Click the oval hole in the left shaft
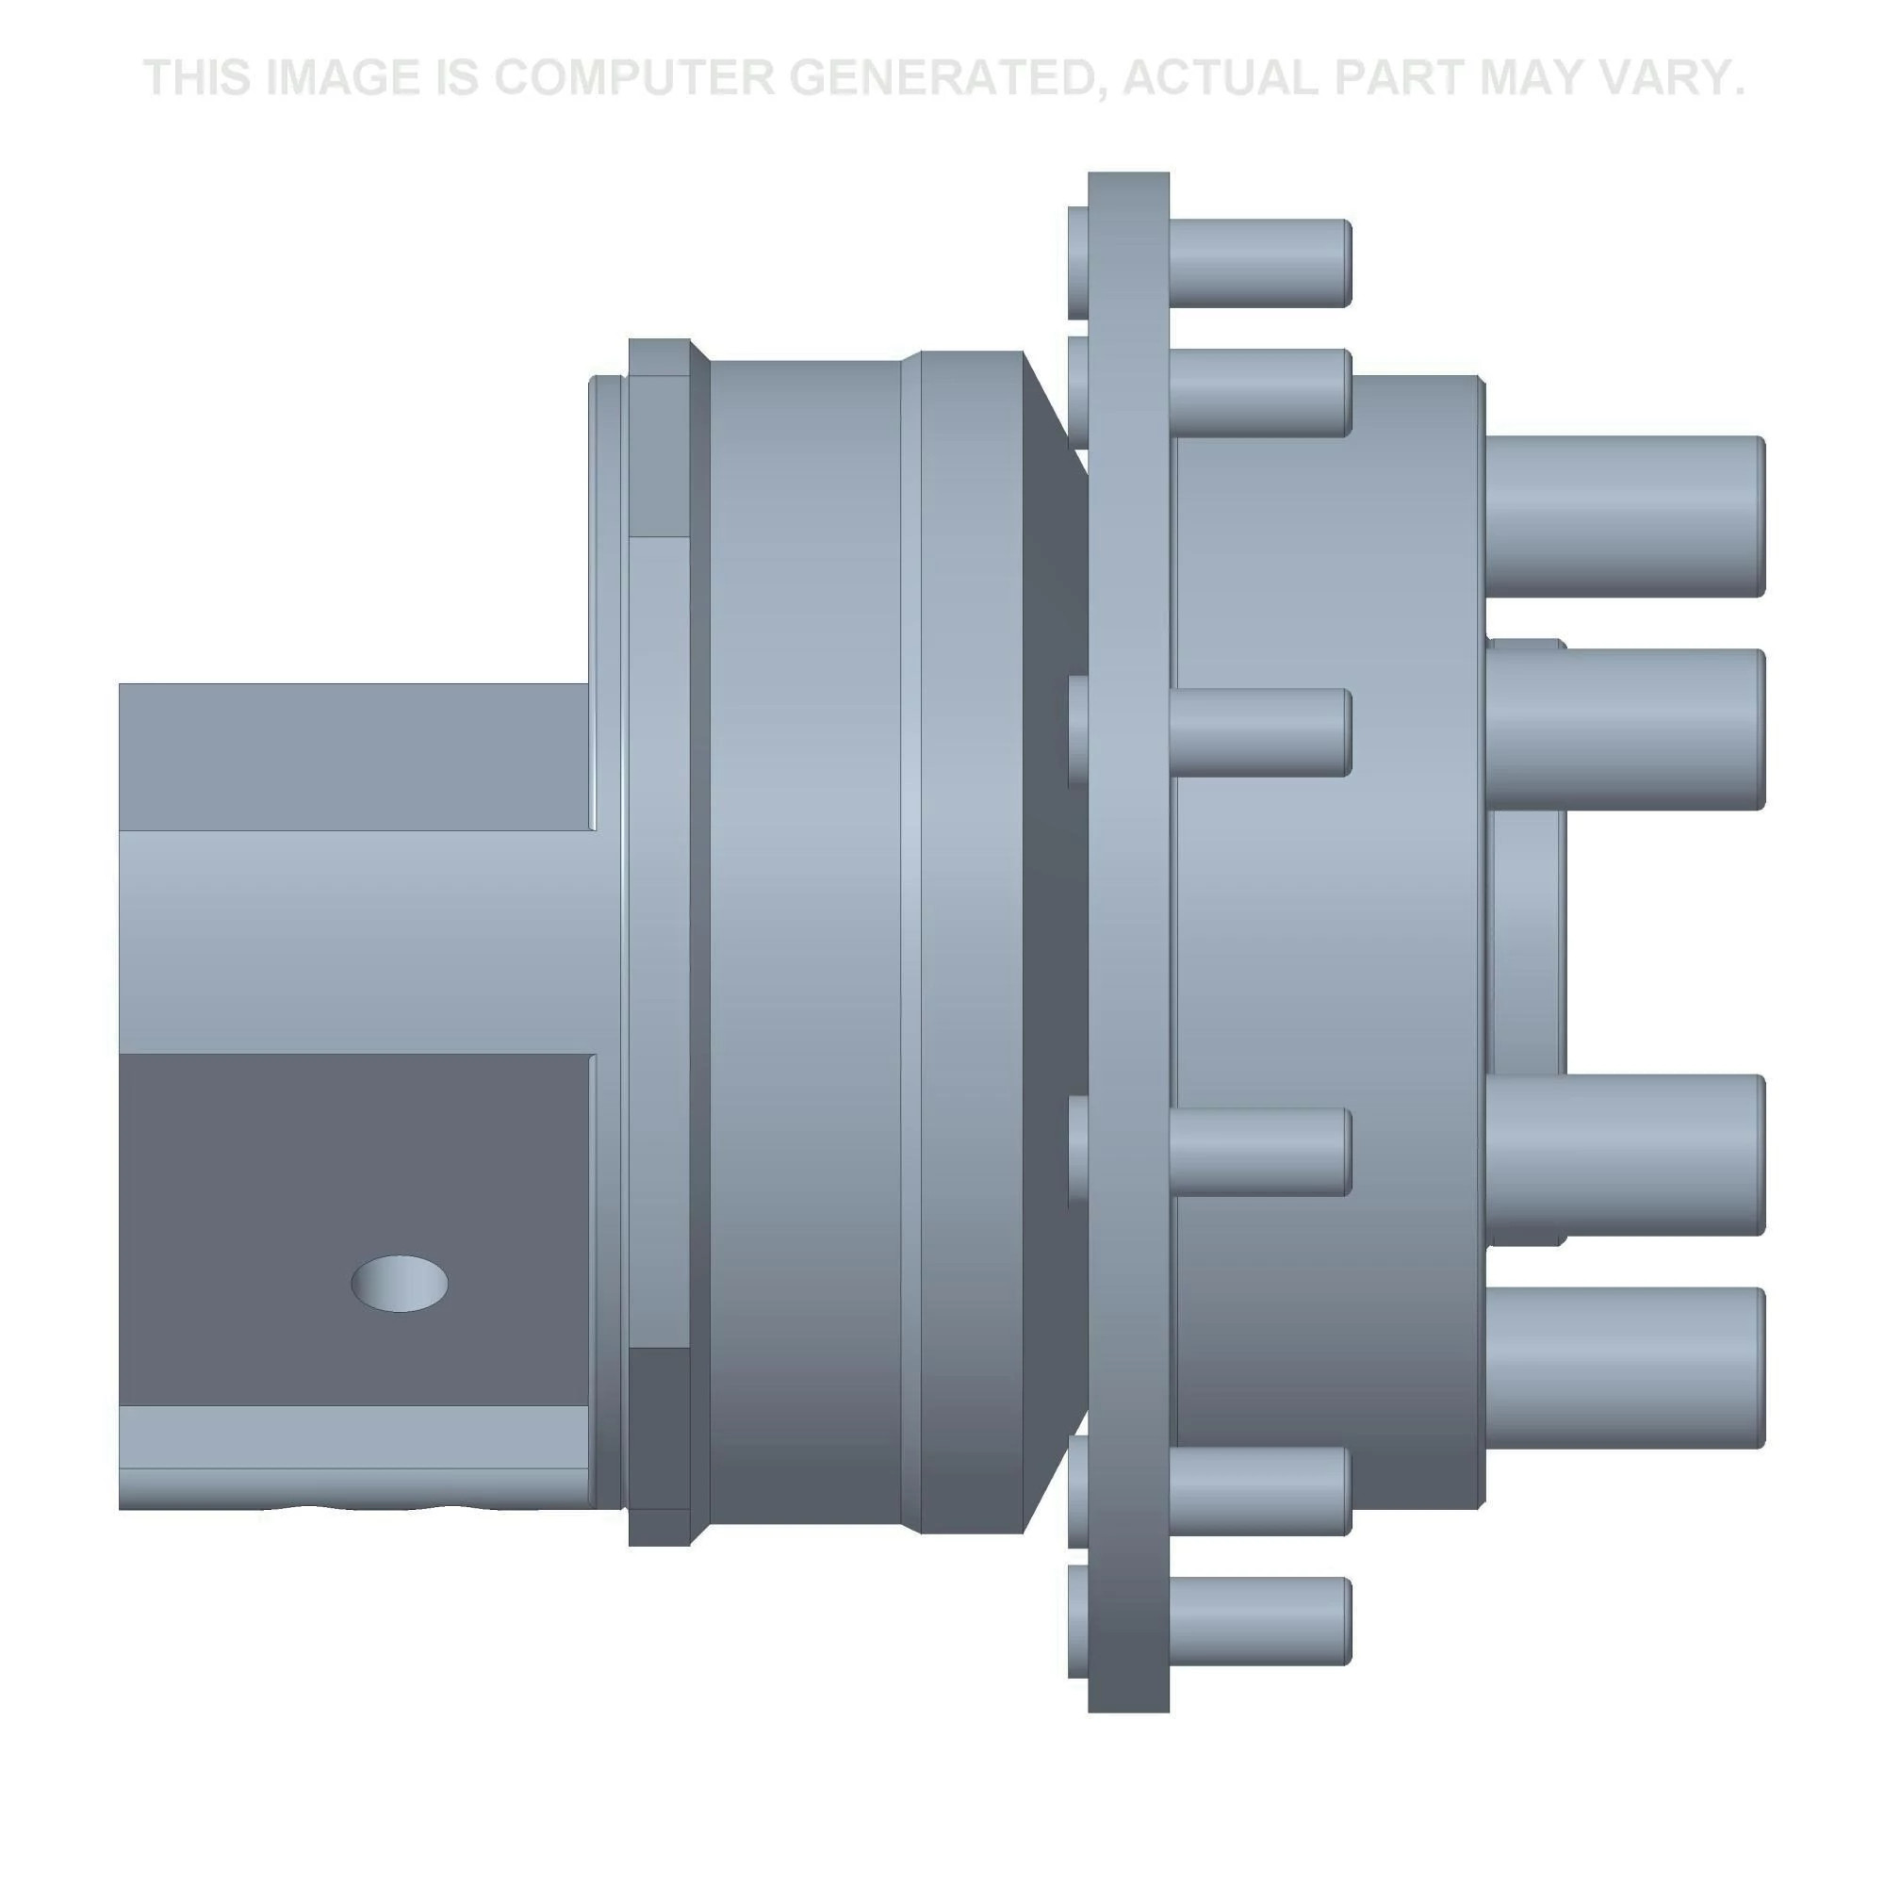pos(399,1284)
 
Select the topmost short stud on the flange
pos(1258,261)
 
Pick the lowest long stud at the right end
pos(1624,1367)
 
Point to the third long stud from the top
pos(1624,1155)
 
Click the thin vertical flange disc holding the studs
pos(1129,937)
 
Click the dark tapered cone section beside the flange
pos(1056,937)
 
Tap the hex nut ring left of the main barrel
pos(659,937)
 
